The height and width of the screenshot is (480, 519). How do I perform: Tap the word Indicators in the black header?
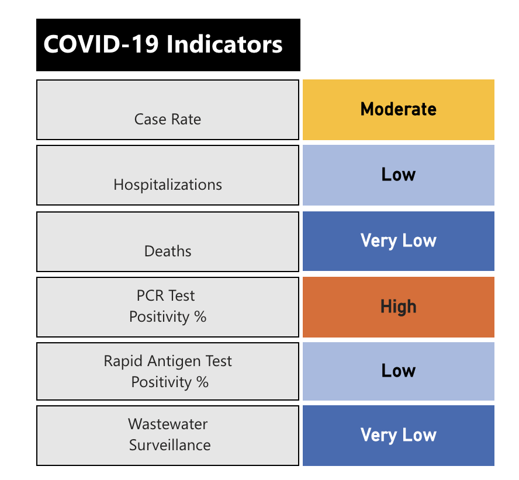click(x=225, y=45)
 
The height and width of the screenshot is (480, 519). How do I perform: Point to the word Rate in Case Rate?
click(x=186, y=119)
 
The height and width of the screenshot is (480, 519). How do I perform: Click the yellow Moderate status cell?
click(x=398, y=109)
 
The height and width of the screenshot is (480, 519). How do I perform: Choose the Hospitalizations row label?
click(x=168, y=185)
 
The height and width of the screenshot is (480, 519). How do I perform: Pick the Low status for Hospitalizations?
click(x=398, y=175)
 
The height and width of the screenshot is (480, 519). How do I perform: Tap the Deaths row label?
click(x=168, y=251)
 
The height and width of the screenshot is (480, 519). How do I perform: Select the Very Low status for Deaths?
click(x=398, y=241)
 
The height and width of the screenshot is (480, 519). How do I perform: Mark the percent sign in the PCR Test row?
click(x=200, y=317)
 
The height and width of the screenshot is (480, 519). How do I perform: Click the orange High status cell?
click(x=398, y=307)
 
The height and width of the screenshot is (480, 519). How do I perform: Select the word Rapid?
click(x=122, y=361)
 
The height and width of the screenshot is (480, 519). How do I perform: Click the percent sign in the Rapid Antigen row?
click(x=202, y=382)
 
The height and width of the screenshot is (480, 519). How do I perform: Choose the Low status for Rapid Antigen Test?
click(x=398, y=371)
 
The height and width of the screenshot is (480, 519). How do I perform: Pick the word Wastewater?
click(x=168, y=424)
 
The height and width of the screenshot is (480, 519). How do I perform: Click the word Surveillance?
click(x=169, y=445)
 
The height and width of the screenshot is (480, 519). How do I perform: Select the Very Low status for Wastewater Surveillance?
click(x=398, y=435)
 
